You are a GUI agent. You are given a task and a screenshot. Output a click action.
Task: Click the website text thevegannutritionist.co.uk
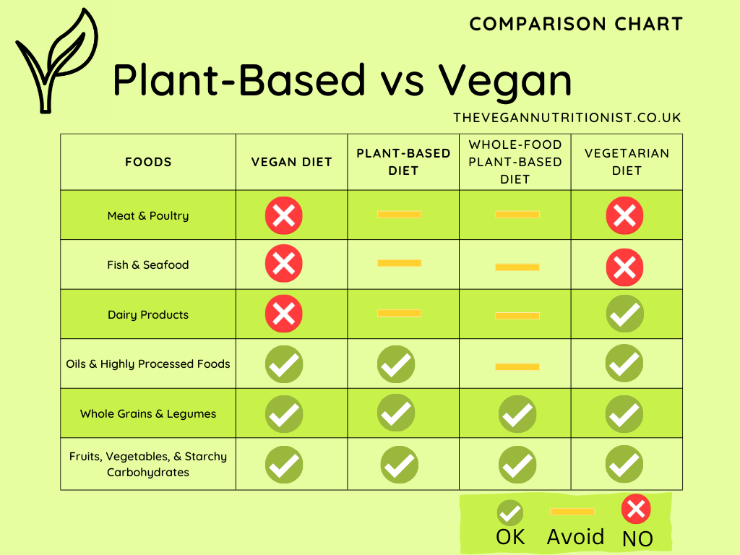567,117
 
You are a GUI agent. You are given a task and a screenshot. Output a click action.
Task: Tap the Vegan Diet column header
291,162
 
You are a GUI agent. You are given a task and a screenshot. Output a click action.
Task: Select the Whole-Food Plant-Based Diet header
515,162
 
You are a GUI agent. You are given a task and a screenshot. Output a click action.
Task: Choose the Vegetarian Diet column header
627,162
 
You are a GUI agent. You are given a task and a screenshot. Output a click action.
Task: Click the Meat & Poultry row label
148,215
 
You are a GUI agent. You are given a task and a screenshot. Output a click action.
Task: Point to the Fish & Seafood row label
148,265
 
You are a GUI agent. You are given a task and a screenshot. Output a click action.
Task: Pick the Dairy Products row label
148,315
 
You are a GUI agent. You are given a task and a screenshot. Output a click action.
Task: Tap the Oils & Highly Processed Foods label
148,364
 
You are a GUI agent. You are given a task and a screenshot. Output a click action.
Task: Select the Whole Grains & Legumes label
148,414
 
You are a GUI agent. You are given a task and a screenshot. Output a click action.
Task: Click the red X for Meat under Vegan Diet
284,215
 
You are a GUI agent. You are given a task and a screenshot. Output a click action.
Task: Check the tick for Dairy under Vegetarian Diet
624,314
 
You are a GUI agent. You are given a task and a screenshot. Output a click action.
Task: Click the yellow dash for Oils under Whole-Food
517,367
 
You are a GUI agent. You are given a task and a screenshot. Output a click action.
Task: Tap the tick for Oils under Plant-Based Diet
396,364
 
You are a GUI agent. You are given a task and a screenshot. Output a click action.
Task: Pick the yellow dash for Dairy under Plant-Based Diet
399,313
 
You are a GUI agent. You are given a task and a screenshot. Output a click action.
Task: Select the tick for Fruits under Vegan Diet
284,465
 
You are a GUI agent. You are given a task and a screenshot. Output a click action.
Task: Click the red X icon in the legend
636,509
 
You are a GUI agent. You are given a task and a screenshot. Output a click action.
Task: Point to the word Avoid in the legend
575,537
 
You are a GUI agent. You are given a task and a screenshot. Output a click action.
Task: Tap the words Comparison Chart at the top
576,24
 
